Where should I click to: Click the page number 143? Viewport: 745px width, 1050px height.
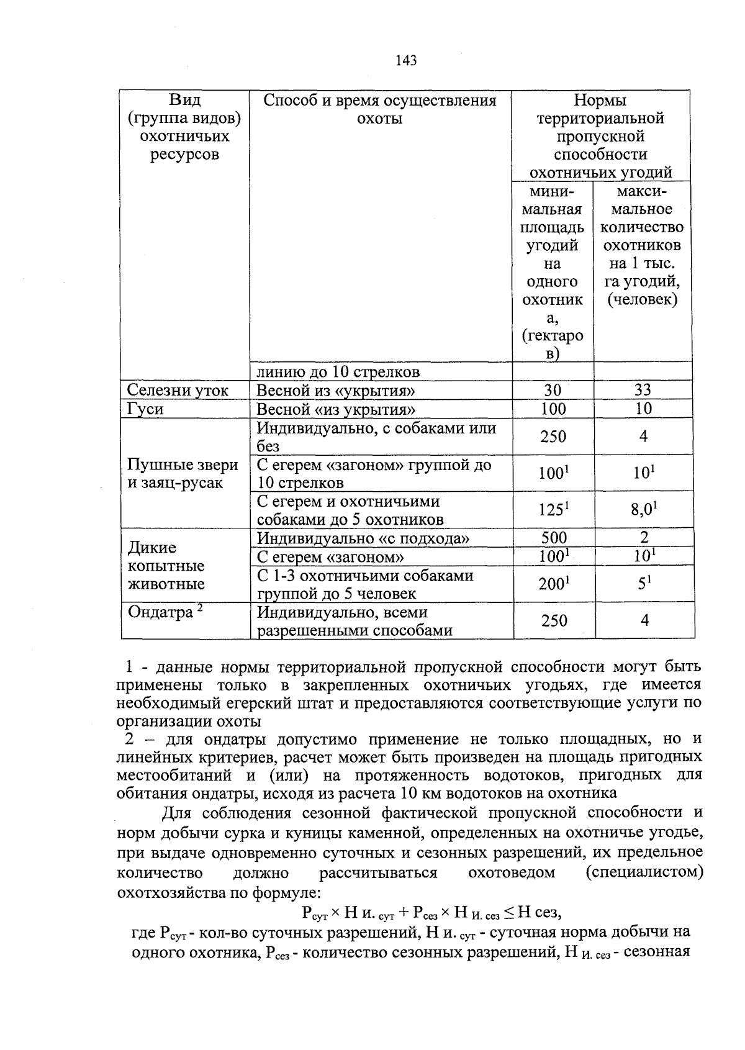[405, 60]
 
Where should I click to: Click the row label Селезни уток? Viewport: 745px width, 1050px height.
[178, 391]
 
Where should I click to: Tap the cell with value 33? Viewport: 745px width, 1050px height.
[643, 390]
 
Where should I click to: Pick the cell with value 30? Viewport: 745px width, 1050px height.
[553, 390]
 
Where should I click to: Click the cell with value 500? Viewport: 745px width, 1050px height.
[553, 538]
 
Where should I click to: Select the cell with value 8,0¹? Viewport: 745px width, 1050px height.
[644, 510]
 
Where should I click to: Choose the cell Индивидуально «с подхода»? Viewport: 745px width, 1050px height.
[363, 538]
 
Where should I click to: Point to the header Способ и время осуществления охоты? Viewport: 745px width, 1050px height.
[380, 109]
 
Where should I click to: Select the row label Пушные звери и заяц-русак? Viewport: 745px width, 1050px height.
[183, 474]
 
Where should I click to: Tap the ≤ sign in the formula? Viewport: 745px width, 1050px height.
[508, 912]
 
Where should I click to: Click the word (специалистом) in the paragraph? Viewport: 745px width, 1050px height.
[644, 872]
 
